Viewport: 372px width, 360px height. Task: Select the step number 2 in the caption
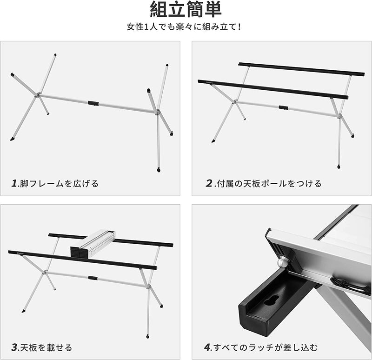click(209, 183)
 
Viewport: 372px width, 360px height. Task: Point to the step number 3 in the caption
click(14, 347)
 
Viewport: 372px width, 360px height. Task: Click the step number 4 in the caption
click(207, 347)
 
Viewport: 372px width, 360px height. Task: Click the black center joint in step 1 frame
click(93, 103)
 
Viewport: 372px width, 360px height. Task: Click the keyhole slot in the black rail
click(269, 301)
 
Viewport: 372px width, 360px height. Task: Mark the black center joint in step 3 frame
click(93, 278)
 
